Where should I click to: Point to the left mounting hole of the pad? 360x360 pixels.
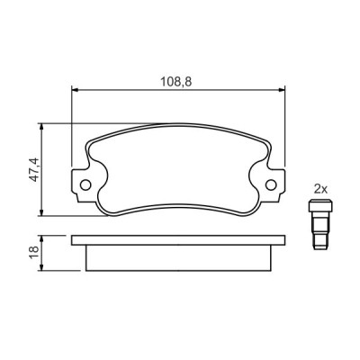pos(86,187)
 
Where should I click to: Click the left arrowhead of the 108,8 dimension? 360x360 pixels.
pos(75,90)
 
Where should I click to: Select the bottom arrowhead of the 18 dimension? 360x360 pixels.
pos(41,268)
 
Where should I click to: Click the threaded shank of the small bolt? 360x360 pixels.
pos(319,237)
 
